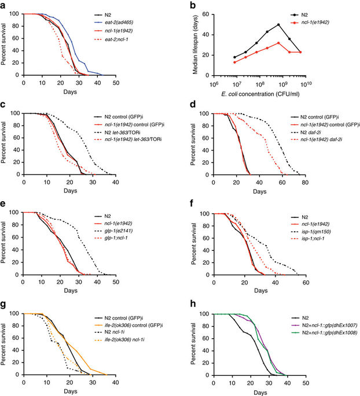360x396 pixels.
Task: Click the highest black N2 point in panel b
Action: [279, 25]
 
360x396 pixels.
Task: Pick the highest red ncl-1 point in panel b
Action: [279, 43]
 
